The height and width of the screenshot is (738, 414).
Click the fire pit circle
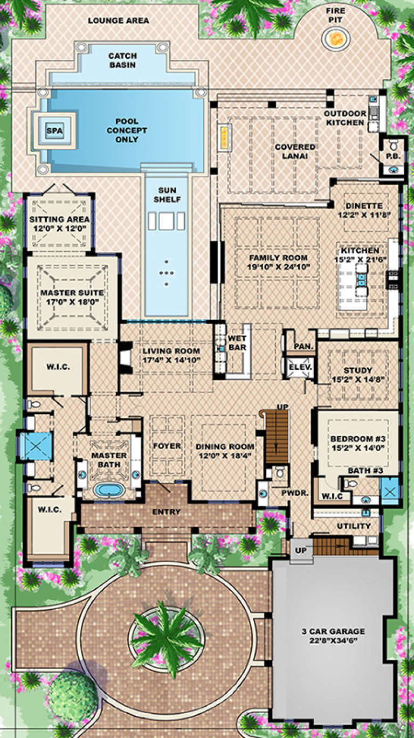336,37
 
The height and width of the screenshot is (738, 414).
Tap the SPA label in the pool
53,130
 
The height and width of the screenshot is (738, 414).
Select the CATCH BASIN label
122,60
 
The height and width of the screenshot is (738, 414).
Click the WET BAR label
237,343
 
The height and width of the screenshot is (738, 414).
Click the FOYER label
167,446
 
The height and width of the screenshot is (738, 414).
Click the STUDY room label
357,370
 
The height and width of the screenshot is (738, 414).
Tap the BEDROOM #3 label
357,438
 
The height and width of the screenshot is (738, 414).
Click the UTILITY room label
354,526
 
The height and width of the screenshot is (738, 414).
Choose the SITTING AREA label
59,220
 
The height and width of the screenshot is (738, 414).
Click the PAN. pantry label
304,347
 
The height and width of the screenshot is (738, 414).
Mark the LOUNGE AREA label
119,21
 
